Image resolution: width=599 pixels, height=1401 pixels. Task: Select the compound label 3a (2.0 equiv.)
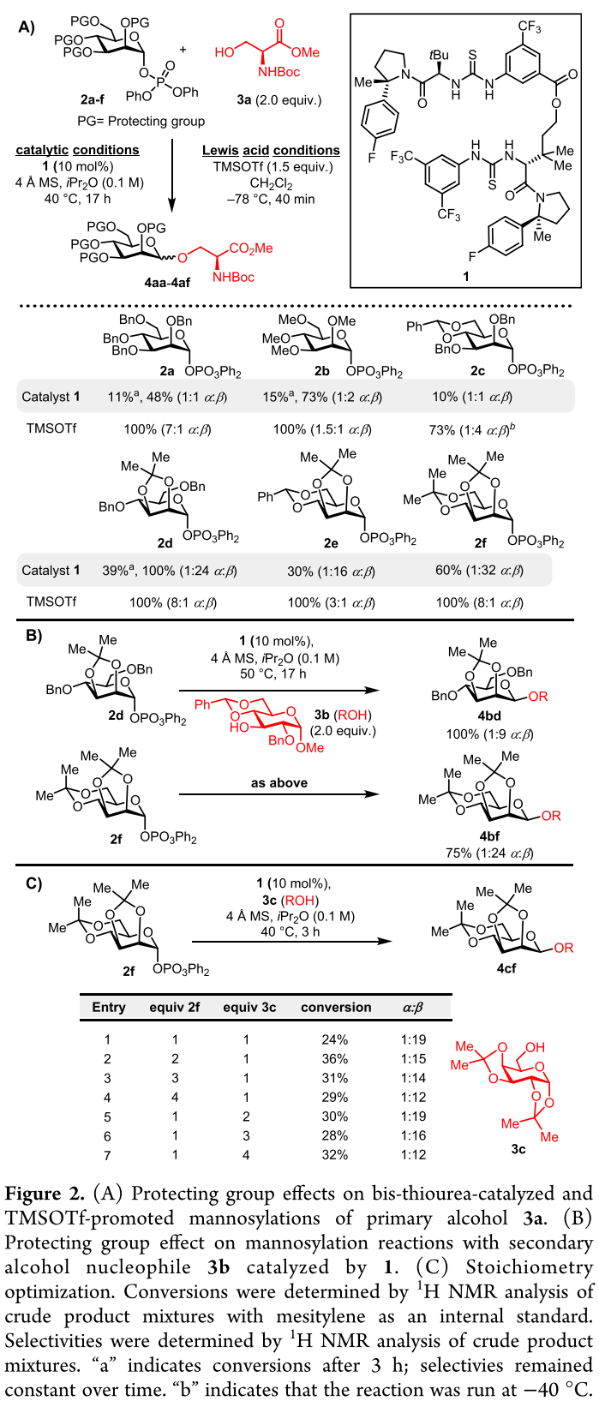pos(268,100)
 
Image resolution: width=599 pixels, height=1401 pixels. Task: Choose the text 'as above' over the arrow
pos(279,782)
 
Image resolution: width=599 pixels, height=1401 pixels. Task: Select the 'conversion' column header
pos(336,1008)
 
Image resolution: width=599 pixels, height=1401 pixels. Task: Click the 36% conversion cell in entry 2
pos(336,1059)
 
